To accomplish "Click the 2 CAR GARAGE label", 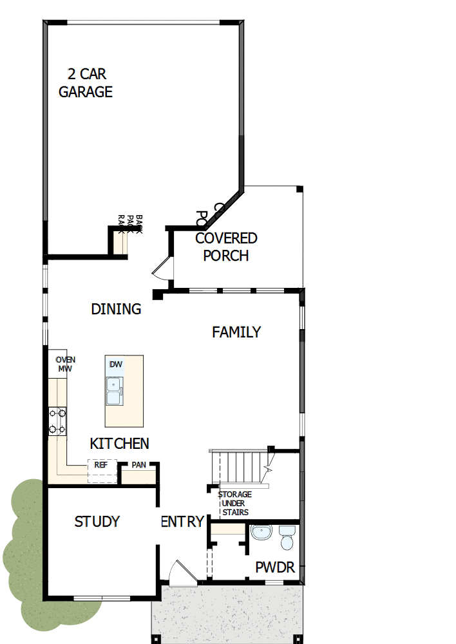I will (x=86, y=83).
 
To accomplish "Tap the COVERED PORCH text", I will (x=226, y=247).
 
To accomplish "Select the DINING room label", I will (x=116, y=309).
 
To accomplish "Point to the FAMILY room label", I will (x=236, y=332).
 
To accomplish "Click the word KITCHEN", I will (x=119, y=444).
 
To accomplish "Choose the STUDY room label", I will (x=97, y=522).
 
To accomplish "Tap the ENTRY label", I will (x=182, y=522).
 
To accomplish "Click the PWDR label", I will (x=275, y=568).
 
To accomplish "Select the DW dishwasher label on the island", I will (x=116, y=365).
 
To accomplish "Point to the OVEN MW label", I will (x=64, y=365).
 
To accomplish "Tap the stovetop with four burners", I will (x=57, y=421).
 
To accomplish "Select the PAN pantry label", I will (x=138, y=465).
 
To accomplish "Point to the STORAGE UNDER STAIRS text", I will (x=234, y=503).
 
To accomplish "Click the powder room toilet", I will (x=287, y=536).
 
